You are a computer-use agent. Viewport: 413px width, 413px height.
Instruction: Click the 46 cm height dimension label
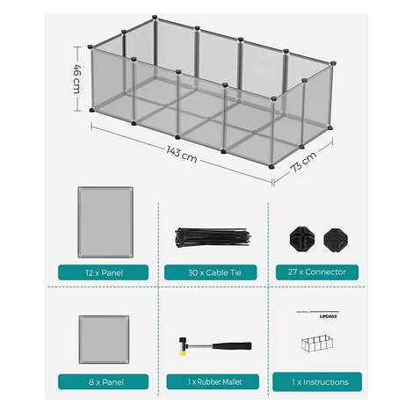76,79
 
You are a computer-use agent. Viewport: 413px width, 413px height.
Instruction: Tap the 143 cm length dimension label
182,155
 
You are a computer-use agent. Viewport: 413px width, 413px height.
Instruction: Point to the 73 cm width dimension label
303,162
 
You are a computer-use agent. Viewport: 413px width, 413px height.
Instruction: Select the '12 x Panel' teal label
104,272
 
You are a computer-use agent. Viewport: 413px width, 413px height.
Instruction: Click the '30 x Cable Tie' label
211,272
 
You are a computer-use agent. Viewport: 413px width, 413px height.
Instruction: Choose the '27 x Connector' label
317,272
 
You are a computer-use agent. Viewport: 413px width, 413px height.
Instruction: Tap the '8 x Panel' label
104,382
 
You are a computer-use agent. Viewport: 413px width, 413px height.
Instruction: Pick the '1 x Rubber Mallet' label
213,382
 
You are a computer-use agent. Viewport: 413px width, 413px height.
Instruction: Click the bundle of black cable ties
213,236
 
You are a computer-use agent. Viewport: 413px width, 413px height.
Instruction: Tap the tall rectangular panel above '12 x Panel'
105,222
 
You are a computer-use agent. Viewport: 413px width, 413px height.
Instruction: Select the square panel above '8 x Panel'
104,339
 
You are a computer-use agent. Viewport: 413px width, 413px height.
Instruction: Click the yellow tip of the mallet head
183,352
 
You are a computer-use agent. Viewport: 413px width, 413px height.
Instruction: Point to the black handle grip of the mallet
232,345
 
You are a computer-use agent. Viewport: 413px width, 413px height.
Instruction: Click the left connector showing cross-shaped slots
302,239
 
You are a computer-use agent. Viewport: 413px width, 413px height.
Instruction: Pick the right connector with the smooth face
336,240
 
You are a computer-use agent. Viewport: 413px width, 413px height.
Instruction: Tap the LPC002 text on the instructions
328,316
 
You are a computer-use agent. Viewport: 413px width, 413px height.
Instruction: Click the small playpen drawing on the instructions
317,343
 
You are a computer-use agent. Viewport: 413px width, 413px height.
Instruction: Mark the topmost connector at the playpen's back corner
155,17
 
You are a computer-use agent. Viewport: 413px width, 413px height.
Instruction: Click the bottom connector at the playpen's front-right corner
272,166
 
